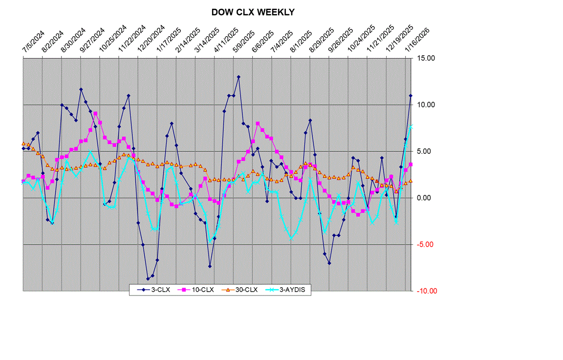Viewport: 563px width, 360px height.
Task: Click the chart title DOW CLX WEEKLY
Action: (x=253, y=12)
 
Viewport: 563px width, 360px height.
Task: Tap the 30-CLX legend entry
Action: (x=242, y=290)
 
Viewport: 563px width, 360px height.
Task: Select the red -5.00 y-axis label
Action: (x=426, y=244)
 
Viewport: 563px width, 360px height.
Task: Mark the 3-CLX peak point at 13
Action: (x=238, y=77)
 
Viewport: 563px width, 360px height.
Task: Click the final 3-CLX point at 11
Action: (x=411, y=96)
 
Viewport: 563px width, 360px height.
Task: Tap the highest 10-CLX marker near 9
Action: (x=95, y=113)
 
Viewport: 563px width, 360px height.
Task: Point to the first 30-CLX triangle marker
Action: (x=23, y=144)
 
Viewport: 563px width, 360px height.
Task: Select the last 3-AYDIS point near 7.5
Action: (x=411, y=127)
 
